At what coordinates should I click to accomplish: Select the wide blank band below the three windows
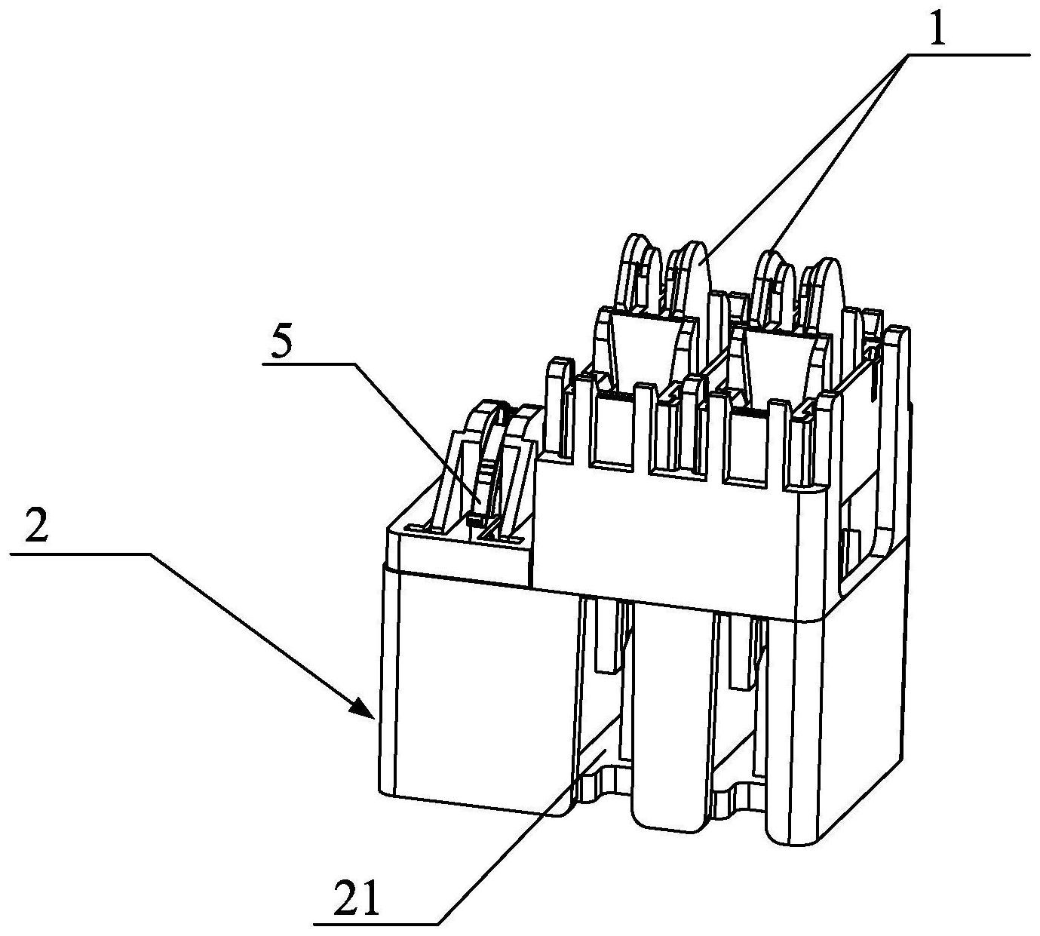click(x=671, y=543)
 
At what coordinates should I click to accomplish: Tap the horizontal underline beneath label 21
click(x=377, y=923)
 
